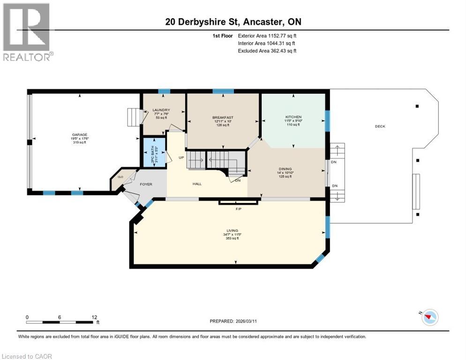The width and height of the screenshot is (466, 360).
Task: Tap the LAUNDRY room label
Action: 158,110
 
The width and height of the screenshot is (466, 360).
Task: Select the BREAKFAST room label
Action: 223,117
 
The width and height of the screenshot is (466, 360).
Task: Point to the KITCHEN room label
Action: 293,117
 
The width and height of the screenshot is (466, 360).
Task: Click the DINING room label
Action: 285,169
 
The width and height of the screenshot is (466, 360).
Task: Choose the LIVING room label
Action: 232,231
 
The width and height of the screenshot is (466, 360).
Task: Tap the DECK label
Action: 380,126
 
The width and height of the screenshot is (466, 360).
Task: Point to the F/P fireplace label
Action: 238,209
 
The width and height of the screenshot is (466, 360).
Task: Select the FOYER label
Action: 146,184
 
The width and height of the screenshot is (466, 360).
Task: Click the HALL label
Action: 197,184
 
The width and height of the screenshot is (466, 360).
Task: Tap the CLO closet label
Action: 120,177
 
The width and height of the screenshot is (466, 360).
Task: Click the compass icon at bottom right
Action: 429,317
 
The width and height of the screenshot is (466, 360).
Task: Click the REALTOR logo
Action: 27,32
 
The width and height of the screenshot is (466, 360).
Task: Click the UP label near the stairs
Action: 181,157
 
